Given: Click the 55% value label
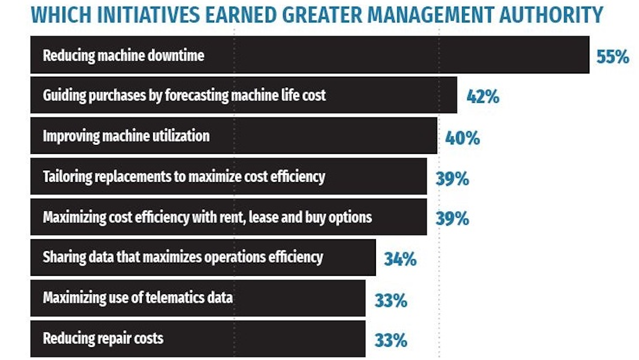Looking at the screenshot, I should pos(613,56).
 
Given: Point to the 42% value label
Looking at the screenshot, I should pos(482,97).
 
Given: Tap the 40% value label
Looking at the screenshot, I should pos(462,138).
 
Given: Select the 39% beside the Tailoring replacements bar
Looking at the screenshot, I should pos(452,178).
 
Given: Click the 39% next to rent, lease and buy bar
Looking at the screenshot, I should pos(452,218).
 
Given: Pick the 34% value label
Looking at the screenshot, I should pos(400,260).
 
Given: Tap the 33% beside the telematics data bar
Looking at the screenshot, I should pos(390,301).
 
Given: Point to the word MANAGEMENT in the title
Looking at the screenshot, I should pos(417,14).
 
